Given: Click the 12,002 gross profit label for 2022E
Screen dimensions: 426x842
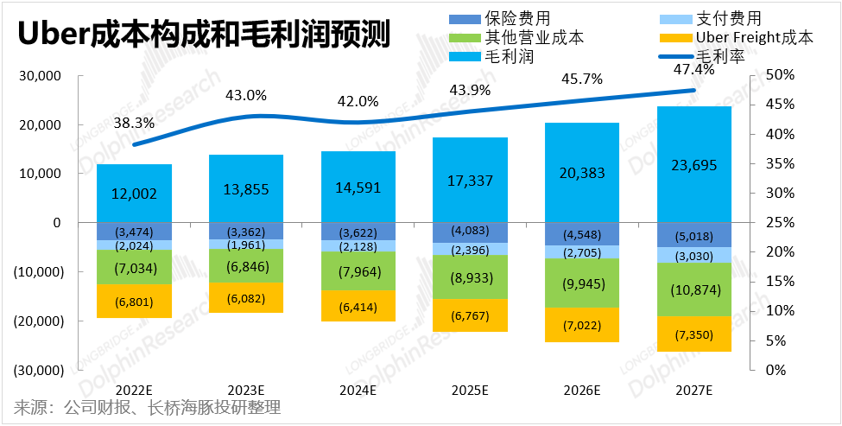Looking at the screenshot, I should tap(134, 194).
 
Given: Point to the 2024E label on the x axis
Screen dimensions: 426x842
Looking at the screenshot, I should tap(358, 391).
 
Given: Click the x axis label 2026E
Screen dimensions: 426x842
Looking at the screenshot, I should tap(582, 391).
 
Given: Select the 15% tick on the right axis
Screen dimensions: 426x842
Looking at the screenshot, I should tap(781, 282).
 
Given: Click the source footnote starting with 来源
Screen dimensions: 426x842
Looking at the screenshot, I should tap(148, 408).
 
